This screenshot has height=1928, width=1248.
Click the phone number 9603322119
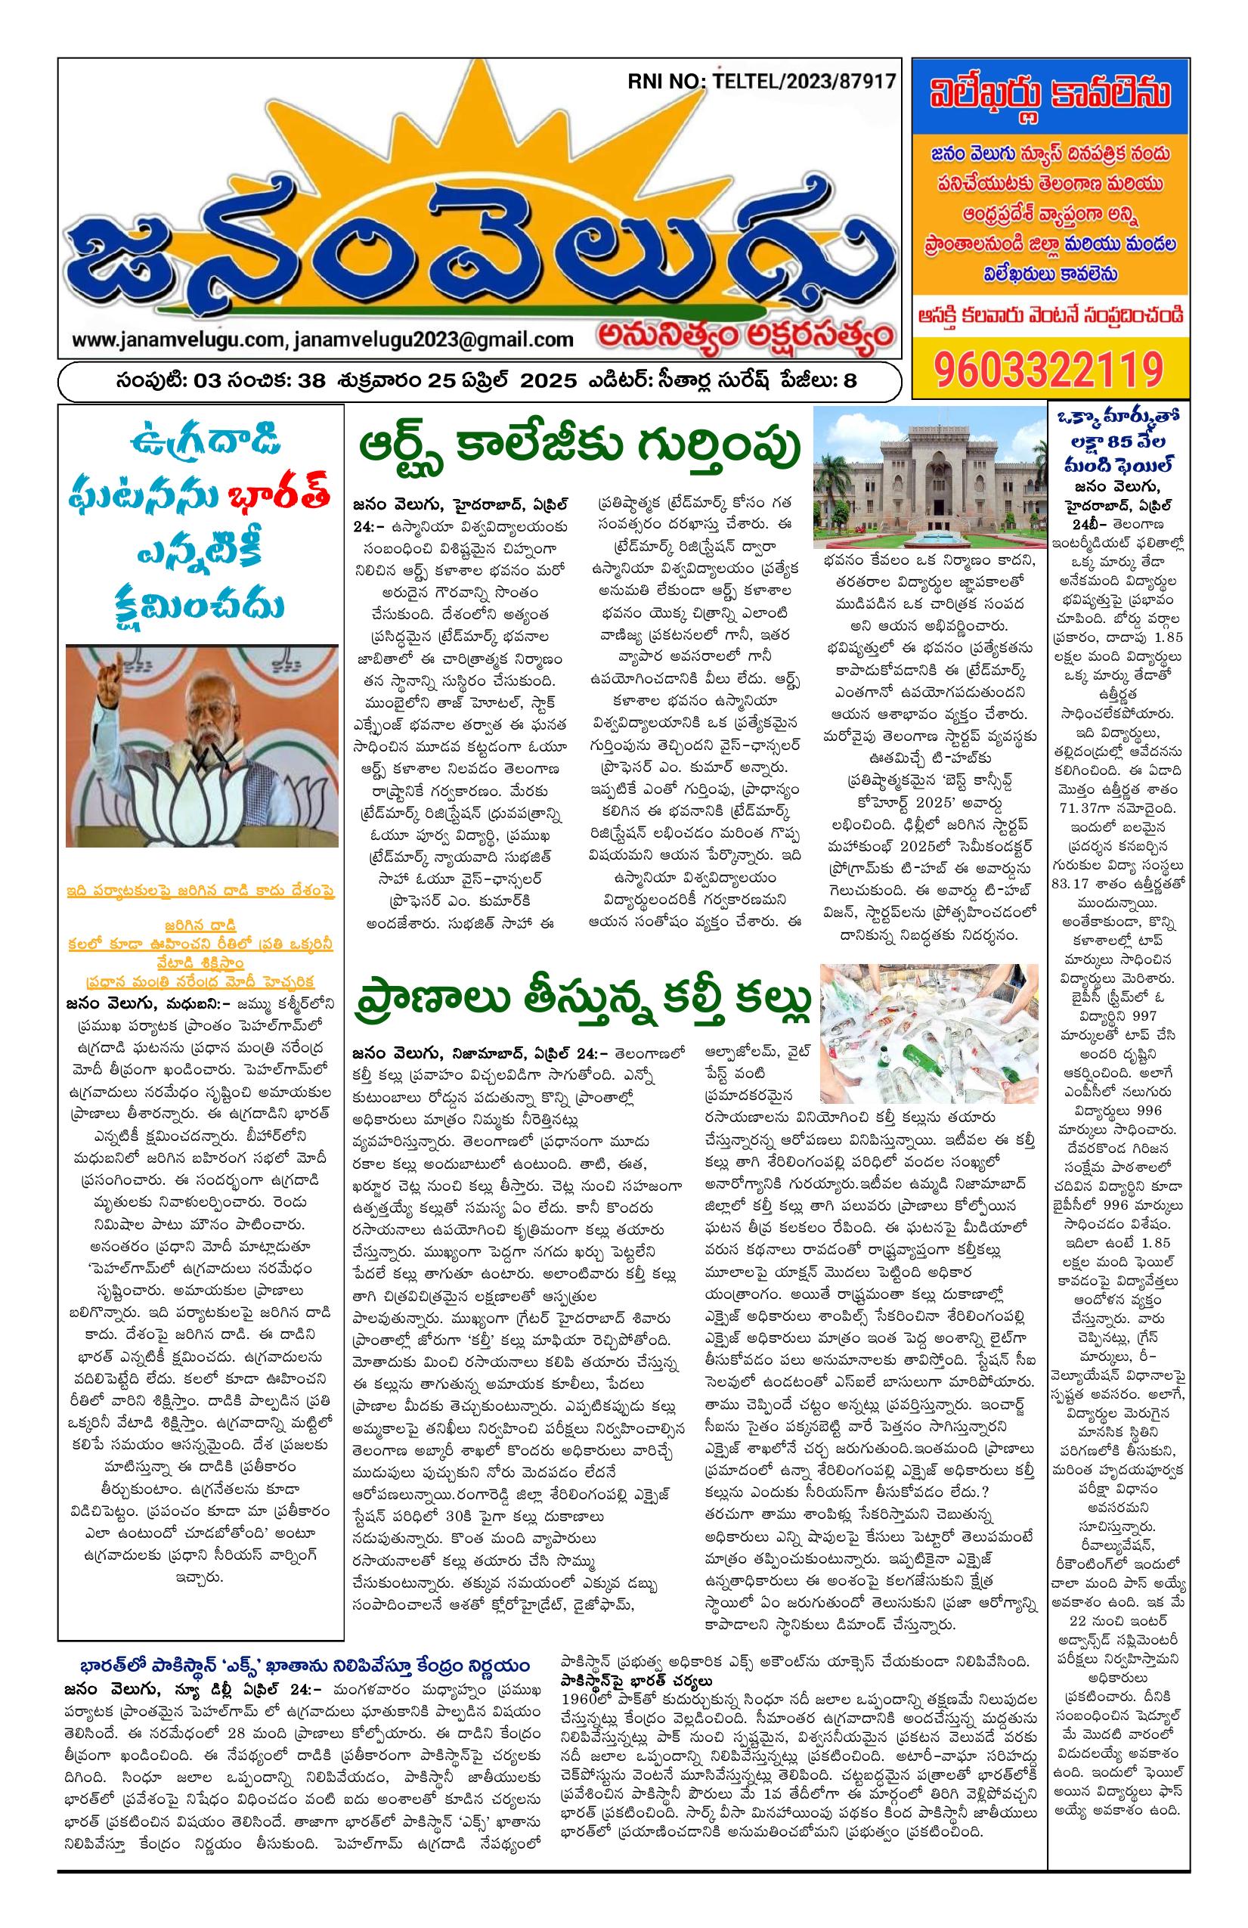point(1048,370)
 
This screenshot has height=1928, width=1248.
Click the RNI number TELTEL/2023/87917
point(799,82)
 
